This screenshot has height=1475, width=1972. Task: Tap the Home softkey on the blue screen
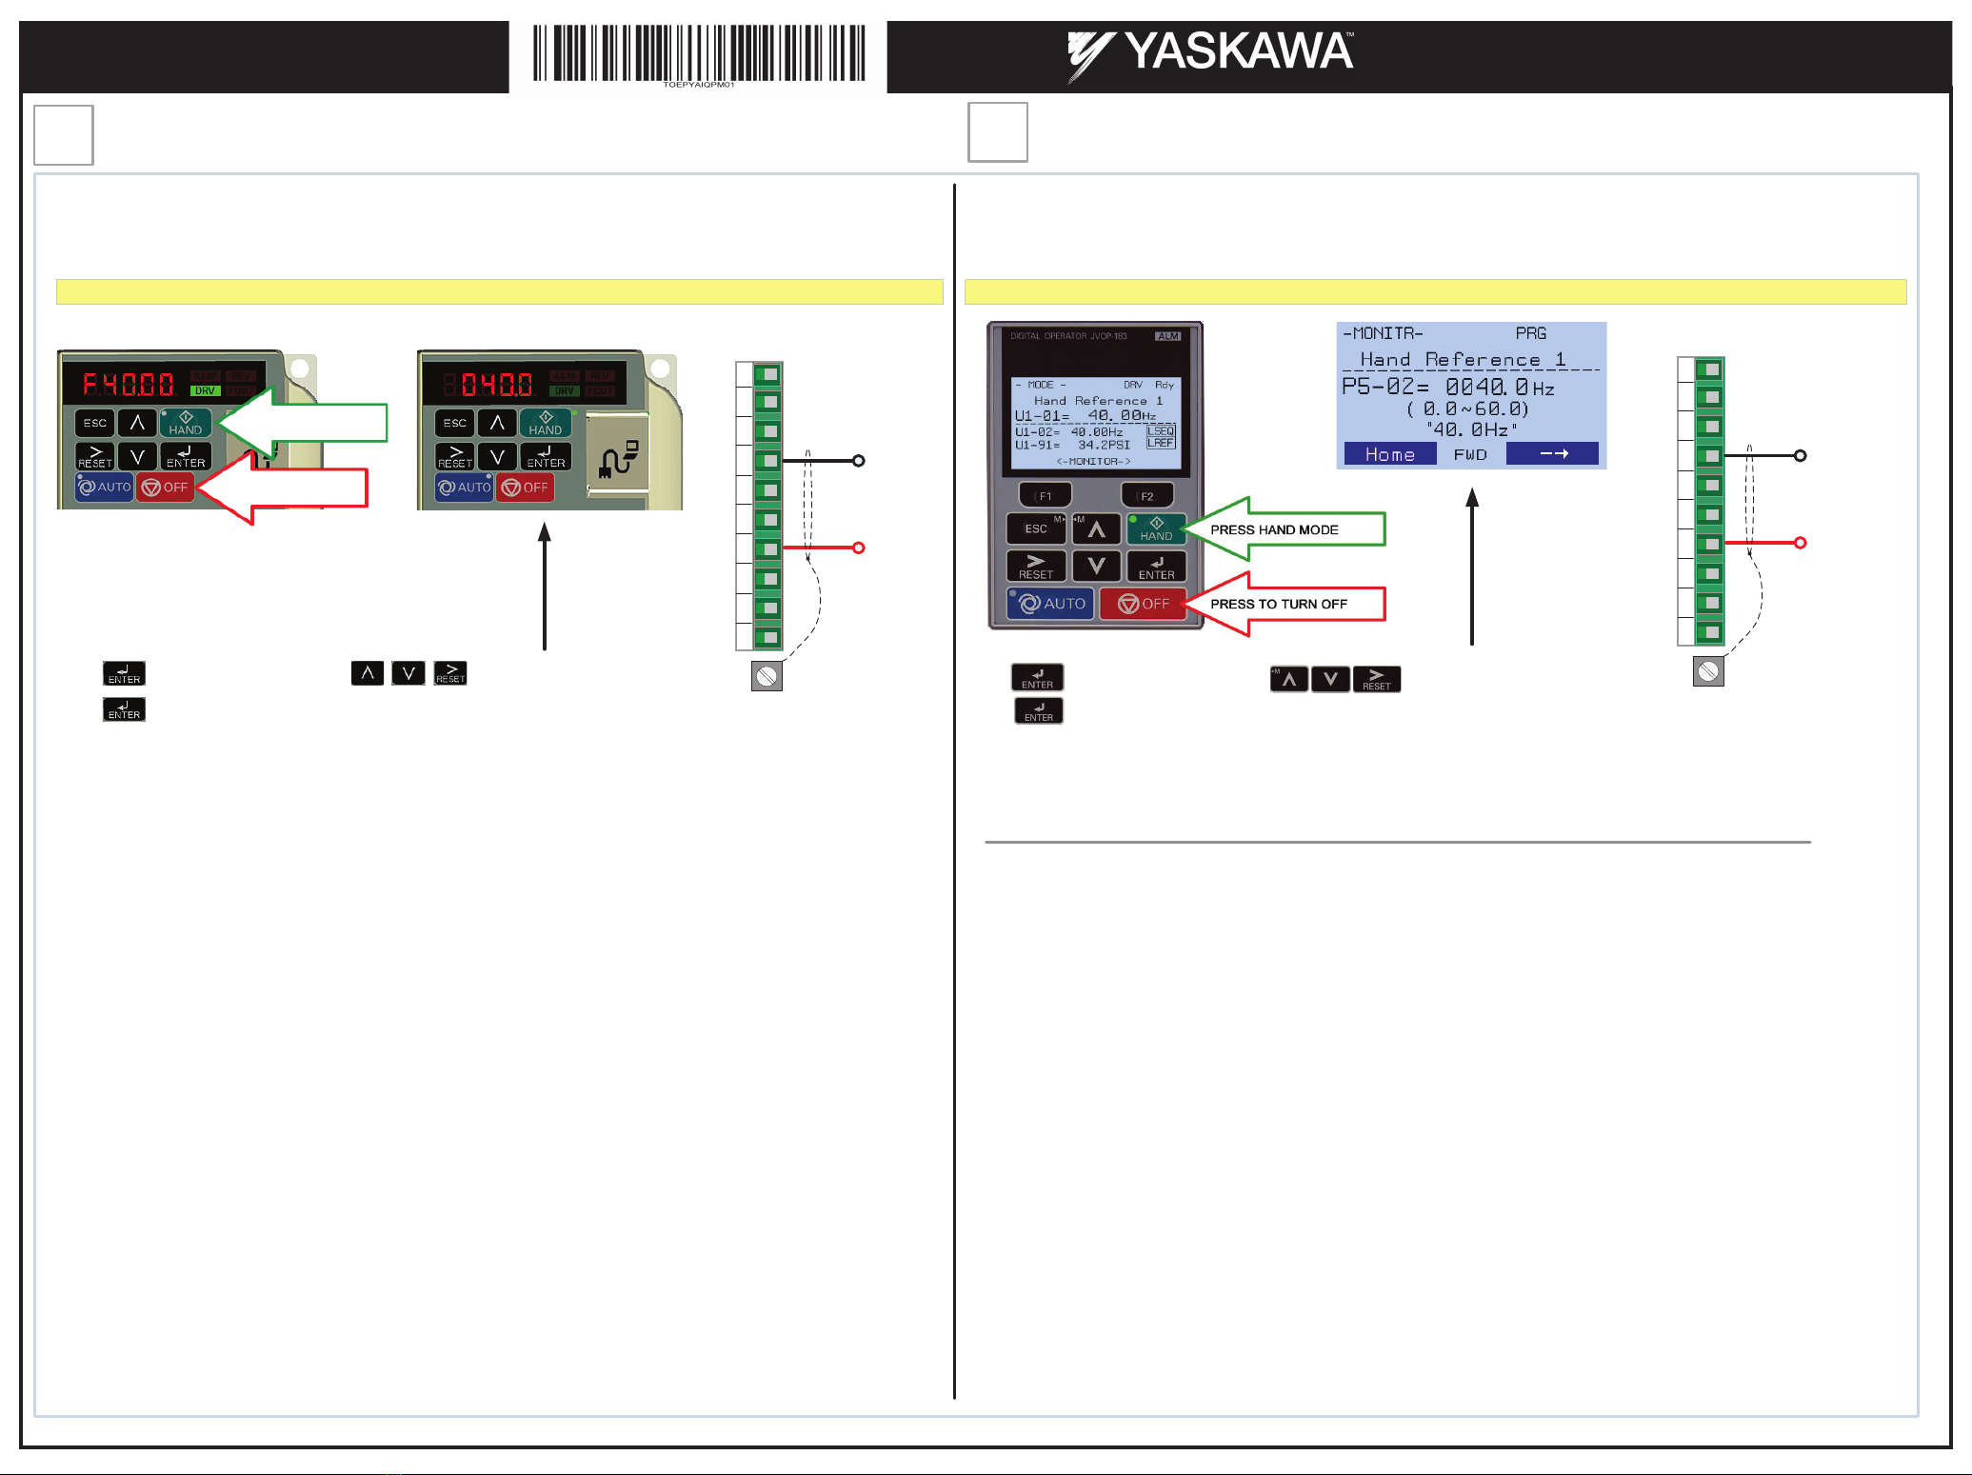[x=1389, y=454]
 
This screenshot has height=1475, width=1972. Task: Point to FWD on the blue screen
[x=1470, y=454]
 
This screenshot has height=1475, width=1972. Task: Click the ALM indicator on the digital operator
[x=1167, y=336]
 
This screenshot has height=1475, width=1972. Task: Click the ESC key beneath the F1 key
[x=1036, y=528]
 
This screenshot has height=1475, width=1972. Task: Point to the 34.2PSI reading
[x=1104, y=445]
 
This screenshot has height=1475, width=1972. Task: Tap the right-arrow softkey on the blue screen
[x=1553, y=454]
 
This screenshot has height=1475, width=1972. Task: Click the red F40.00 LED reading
[x=128, y=385]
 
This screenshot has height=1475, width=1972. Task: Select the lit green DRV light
[x=205, y=390]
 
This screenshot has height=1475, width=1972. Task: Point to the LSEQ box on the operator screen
[x=1161, y=431]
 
